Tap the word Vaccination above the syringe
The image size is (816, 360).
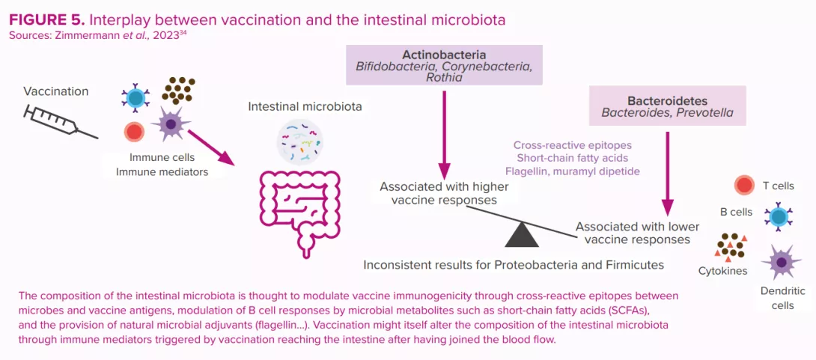(x=55, y=91)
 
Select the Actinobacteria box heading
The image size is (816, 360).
(x=444, y=55)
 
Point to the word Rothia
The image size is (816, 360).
(x=444, y=77)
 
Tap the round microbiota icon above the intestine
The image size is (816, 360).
(x=299, y=143)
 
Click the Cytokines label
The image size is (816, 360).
(x=722, y=271)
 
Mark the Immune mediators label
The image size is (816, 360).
(x=162, y=172)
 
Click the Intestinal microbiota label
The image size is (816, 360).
(x=305, y=107)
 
